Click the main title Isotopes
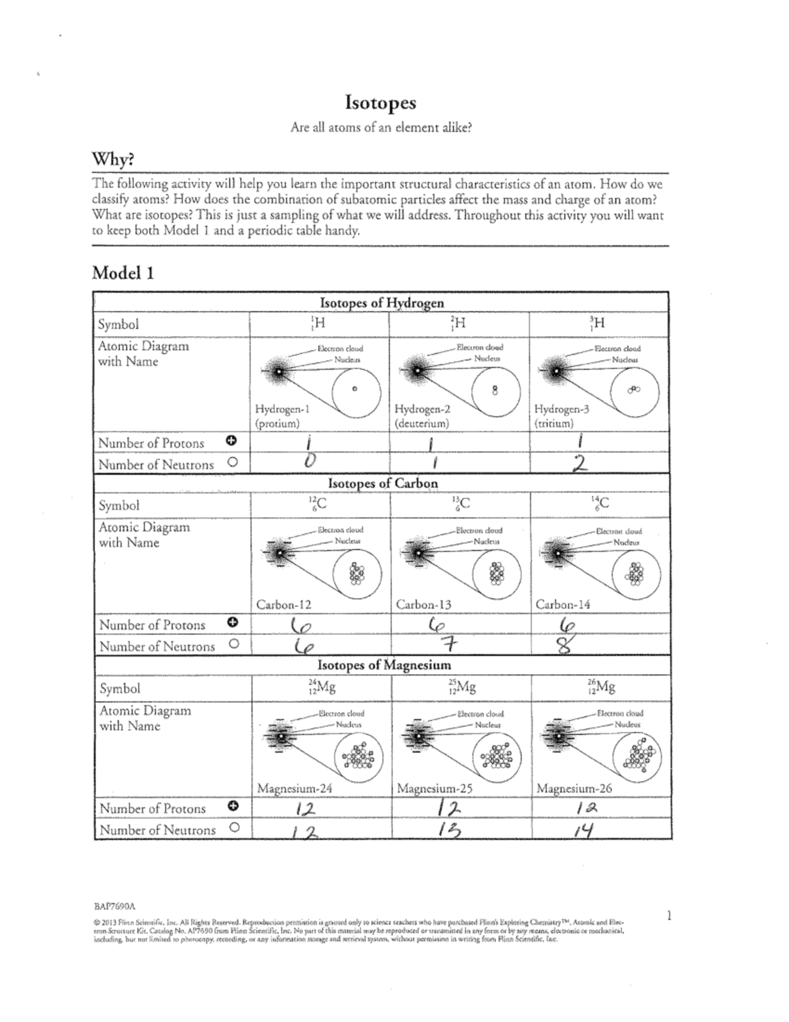point(381,103)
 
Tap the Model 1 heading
point(123,272)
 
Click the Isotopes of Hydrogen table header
point(381,303)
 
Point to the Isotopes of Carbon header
point(383,484)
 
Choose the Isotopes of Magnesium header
point(384,665)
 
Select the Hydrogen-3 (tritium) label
point(562,416)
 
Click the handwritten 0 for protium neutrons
point(310,463)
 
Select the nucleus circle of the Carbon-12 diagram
point(357,573)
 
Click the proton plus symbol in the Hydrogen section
point(232,440)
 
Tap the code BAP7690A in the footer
point(119,906)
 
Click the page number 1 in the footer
point(669,915)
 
